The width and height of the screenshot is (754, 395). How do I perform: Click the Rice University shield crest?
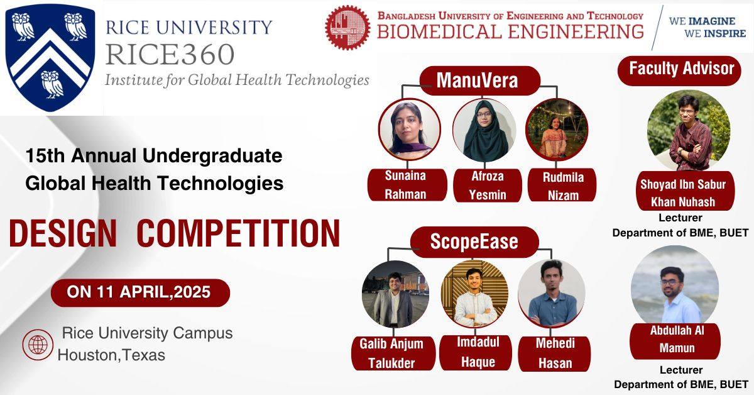50,57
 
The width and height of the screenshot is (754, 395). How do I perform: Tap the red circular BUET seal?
347,28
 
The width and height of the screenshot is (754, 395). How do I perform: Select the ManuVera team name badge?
479,81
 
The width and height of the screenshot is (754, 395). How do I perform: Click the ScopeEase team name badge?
474,242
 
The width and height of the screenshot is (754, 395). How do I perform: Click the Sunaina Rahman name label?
407,185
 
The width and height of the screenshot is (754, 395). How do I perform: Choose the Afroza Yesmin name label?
488,186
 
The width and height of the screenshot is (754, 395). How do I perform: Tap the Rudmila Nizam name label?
562,186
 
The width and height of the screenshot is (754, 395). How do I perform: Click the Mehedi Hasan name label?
554,353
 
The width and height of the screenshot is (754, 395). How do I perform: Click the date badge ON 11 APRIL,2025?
140,292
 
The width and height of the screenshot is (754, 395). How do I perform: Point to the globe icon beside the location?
38,345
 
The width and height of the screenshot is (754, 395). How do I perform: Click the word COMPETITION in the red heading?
239,234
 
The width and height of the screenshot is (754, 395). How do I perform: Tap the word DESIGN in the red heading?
63,234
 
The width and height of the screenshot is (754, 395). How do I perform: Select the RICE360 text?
170,55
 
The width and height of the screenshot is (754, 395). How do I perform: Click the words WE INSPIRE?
715,34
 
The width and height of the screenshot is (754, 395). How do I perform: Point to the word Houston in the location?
89,355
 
